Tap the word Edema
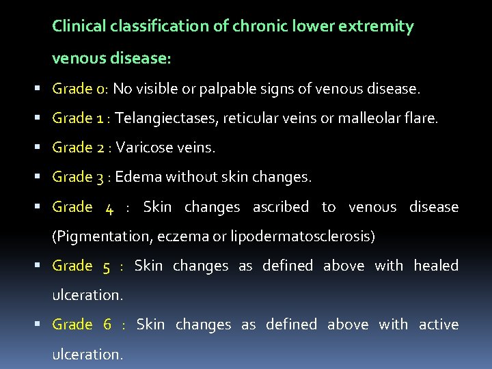[x=135, y=177]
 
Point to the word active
[x=438, y=324]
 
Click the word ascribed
[x=280, y=206]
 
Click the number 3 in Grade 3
[x=100, y=178]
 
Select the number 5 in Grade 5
[x=106, y=266]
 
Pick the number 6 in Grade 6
[x=107, y=325]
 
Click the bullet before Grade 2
[x=43, y=148]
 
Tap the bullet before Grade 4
[x=43, y=206]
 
